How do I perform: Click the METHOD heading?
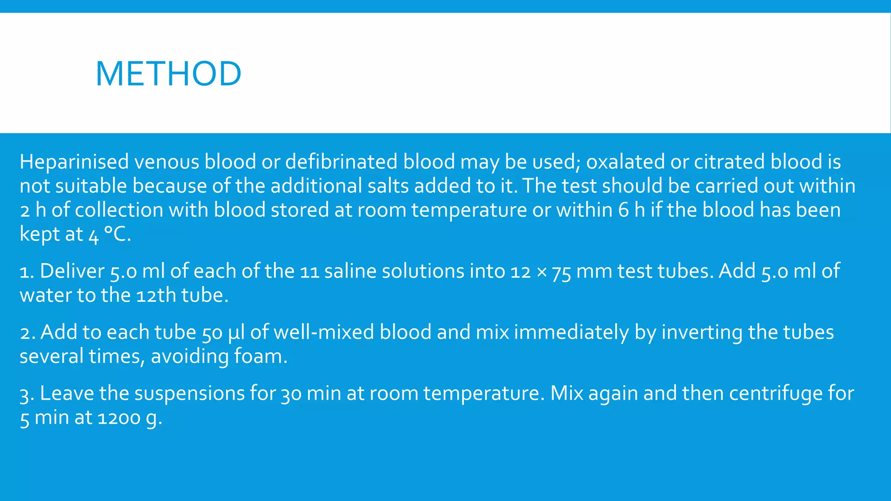168,73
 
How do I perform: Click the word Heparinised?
74,162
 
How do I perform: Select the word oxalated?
625,162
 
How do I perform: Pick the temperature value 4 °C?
109,234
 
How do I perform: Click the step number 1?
27,271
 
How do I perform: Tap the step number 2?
27,333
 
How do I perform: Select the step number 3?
27,394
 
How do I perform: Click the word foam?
260,357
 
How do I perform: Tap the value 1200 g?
130,418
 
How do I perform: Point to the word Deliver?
72,271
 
